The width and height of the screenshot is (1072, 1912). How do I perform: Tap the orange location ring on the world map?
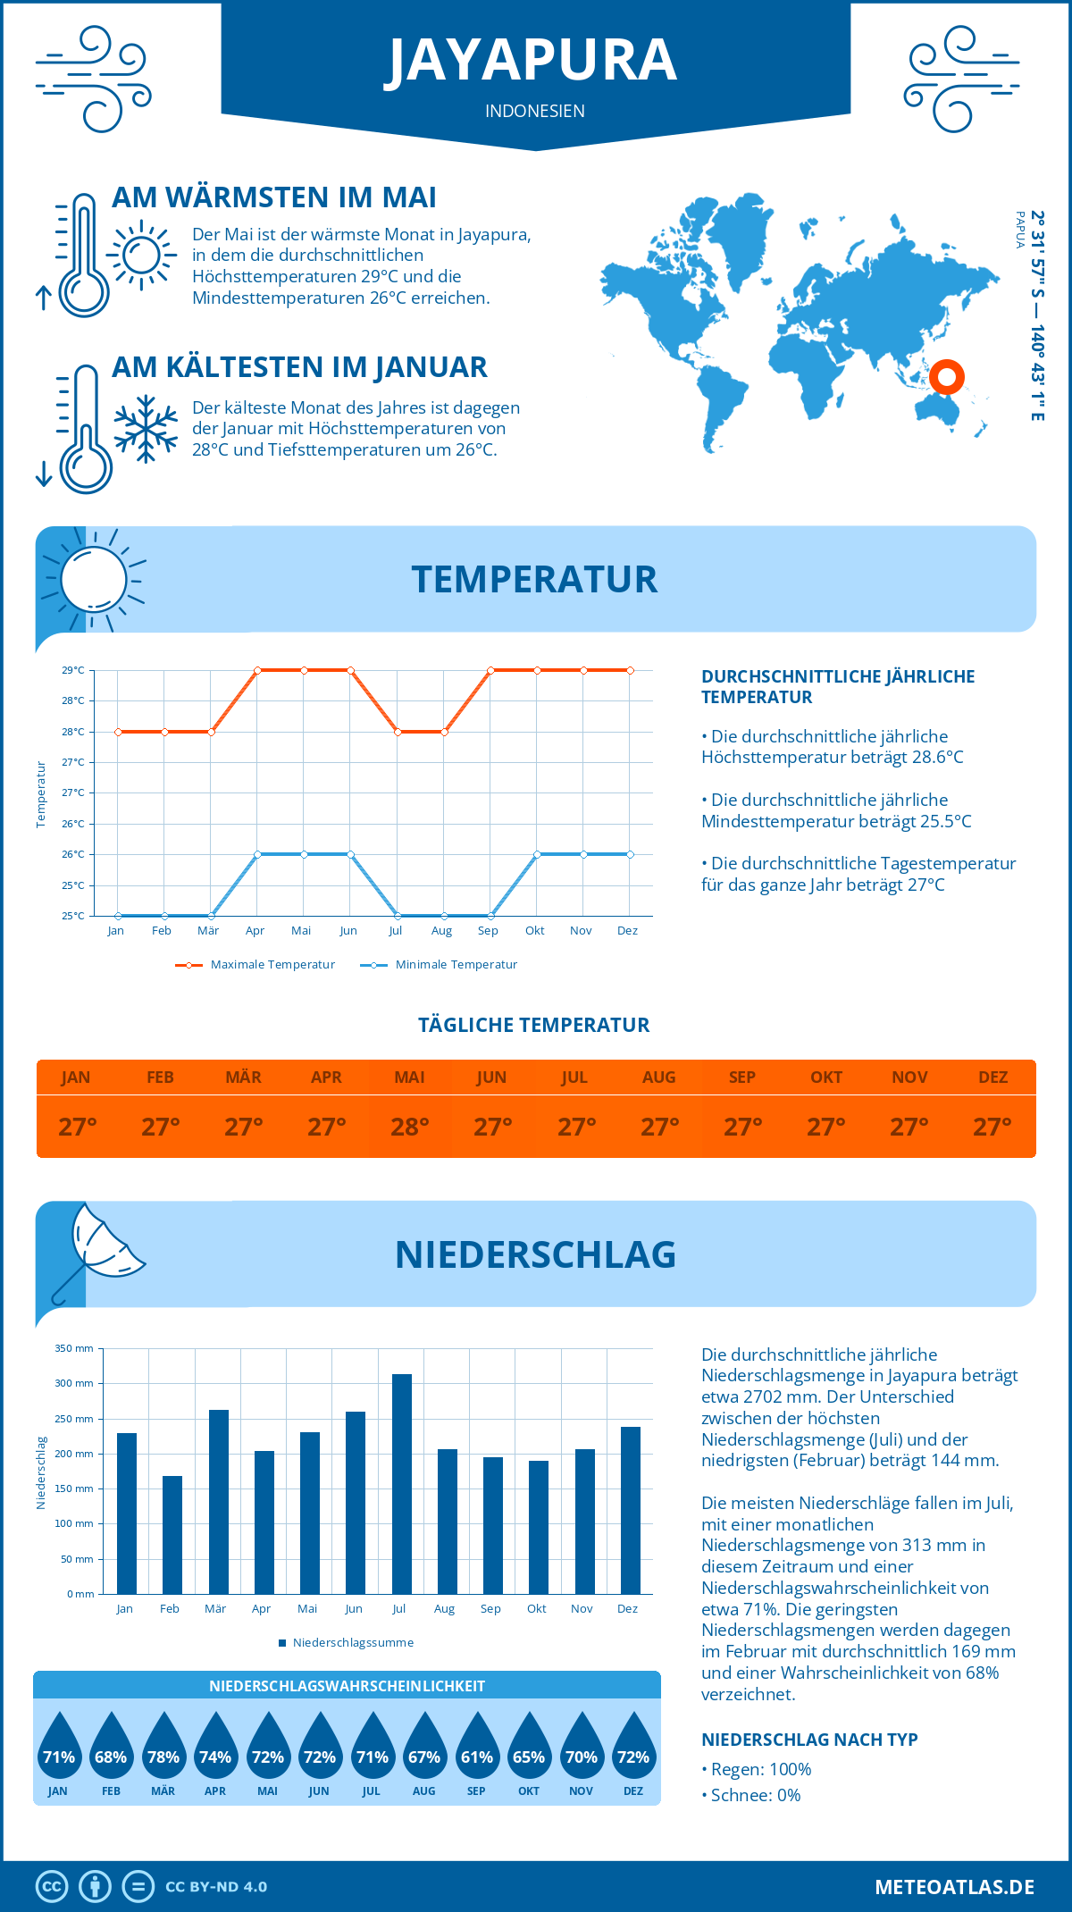(x=947, y=377)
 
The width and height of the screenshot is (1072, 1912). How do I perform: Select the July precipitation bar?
(x=401, y=1484)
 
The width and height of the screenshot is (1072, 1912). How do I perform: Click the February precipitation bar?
(x=172, y=1535)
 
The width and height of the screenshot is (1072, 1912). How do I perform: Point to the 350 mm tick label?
(x=74, y=1348)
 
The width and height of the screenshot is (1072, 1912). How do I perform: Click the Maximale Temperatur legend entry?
(x=255, y=965)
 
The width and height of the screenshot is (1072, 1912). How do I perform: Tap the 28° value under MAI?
(x=410, y=1127)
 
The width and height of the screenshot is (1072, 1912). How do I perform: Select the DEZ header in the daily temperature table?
(x=992, y=1078)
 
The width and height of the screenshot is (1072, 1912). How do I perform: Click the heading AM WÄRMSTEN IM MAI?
(x=273, y=197)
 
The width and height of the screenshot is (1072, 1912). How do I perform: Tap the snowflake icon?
(x=145, y=429)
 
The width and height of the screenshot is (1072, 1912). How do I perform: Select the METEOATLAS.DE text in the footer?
(x=954, y=1887)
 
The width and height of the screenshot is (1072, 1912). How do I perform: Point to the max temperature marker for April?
(x=257, y=670)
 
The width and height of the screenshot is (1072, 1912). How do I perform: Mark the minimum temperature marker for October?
(x=537, y=855)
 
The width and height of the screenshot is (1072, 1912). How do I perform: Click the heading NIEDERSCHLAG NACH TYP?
(x=809, y=1740)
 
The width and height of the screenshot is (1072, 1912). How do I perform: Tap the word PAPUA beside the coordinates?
(x=1020, y=230)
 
